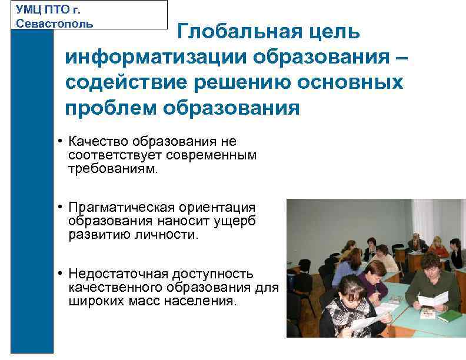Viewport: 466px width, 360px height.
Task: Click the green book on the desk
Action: (450, 316)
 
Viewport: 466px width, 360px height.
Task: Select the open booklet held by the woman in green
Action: (432, 299)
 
